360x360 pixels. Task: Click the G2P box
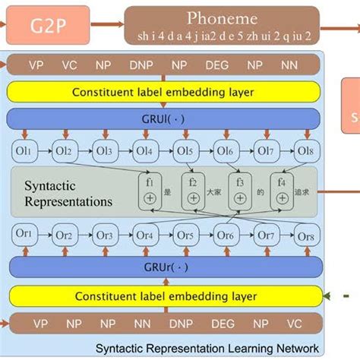[46, 28]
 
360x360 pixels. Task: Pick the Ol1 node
[26, 151]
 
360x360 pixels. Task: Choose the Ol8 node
[305, 151]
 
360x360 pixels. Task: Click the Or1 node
[26, 235]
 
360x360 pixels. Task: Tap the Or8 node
[305, 235]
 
